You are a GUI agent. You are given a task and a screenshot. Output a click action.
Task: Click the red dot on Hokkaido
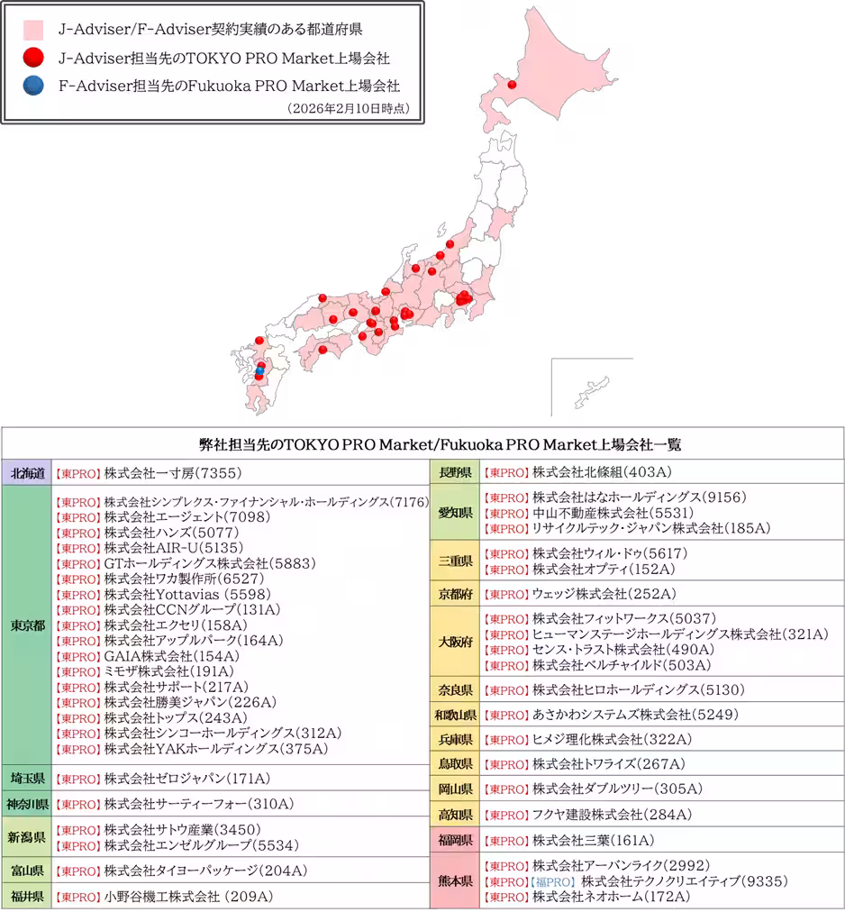point(513,87)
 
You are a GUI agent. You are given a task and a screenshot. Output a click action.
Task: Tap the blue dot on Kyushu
point(259,370)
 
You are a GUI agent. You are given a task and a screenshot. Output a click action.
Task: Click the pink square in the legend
point(33,31)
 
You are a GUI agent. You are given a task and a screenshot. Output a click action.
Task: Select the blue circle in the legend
point(33,87)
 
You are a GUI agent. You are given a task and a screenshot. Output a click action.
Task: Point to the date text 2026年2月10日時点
point(348,108)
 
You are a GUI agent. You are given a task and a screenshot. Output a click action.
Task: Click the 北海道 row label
point(27,472)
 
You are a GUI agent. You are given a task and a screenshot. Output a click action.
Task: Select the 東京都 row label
point(27,625)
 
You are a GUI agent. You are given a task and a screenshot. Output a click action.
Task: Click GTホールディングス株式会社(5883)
point(210,563)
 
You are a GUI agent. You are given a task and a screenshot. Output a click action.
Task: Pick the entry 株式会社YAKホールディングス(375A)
point(215,749)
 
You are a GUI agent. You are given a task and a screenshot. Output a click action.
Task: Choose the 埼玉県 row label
point(27,778)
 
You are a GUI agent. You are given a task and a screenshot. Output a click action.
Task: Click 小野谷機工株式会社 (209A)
point(188,897)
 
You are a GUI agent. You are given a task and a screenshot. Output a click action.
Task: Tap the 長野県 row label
point(456,472)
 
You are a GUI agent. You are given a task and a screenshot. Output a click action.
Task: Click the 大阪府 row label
point(456,643)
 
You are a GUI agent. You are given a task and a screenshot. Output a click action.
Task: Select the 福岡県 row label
point(456,841)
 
